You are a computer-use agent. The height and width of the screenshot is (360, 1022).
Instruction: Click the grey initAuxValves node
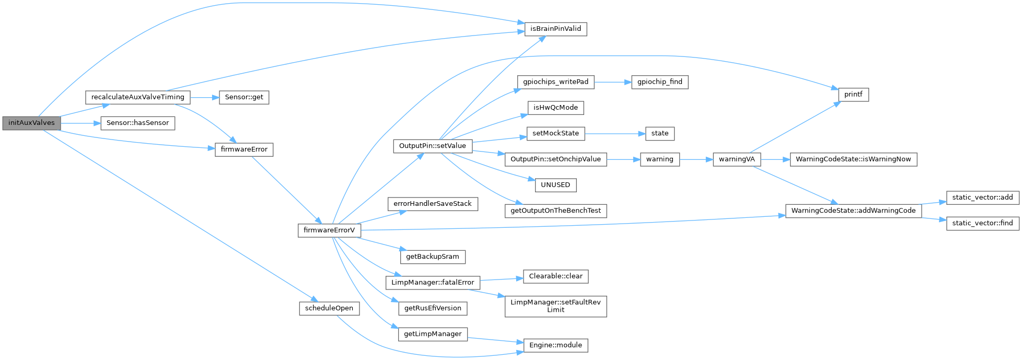click(x=31, y=123)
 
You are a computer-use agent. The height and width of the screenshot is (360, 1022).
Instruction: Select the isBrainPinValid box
click(x=555, y=29)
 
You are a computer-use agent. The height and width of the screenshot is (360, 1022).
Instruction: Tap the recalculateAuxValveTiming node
click(x=137, y=97)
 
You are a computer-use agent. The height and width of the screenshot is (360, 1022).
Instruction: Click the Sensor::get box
click(x=244, y=97)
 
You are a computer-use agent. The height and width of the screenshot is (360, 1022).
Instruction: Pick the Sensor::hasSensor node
click(x=137, y=123)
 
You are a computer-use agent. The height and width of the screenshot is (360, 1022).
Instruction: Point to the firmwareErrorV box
click(x=329, y=230)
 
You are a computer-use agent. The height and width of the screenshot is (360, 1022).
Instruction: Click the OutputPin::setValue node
click(x=432, y=146)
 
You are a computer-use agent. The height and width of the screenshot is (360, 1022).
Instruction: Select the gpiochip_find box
click(x=660, y=82)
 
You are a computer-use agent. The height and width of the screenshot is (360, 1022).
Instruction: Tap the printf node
click(x=853, y=95)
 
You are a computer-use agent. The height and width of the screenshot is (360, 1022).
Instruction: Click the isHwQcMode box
click(x=555, y=108)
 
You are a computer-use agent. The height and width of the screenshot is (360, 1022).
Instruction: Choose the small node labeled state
click(x=660, y=133)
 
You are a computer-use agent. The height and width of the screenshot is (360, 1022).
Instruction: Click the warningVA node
click(x=737, y=159)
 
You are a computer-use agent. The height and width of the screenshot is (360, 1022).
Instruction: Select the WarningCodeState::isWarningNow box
click(x=853, y=159)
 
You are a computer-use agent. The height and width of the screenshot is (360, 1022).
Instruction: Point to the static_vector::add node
click(x=982, y=198)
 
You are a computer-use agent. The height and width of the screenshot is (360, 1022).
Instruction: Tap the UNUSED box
click(x=555, y=185)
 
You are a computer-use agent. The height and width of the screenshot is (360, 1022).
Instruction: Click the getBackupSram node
click(x=432, y=257)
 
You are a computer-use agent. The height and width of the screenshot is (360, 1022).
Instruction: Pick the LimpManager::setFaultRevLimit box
click(x=555, y=306)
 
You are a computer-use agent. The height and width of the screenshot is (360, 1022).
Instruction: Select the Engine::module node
click(x=555, y=345)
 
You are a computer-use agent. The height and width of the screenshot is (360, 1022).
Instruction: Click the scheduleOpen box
click(x=329, y=308)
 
